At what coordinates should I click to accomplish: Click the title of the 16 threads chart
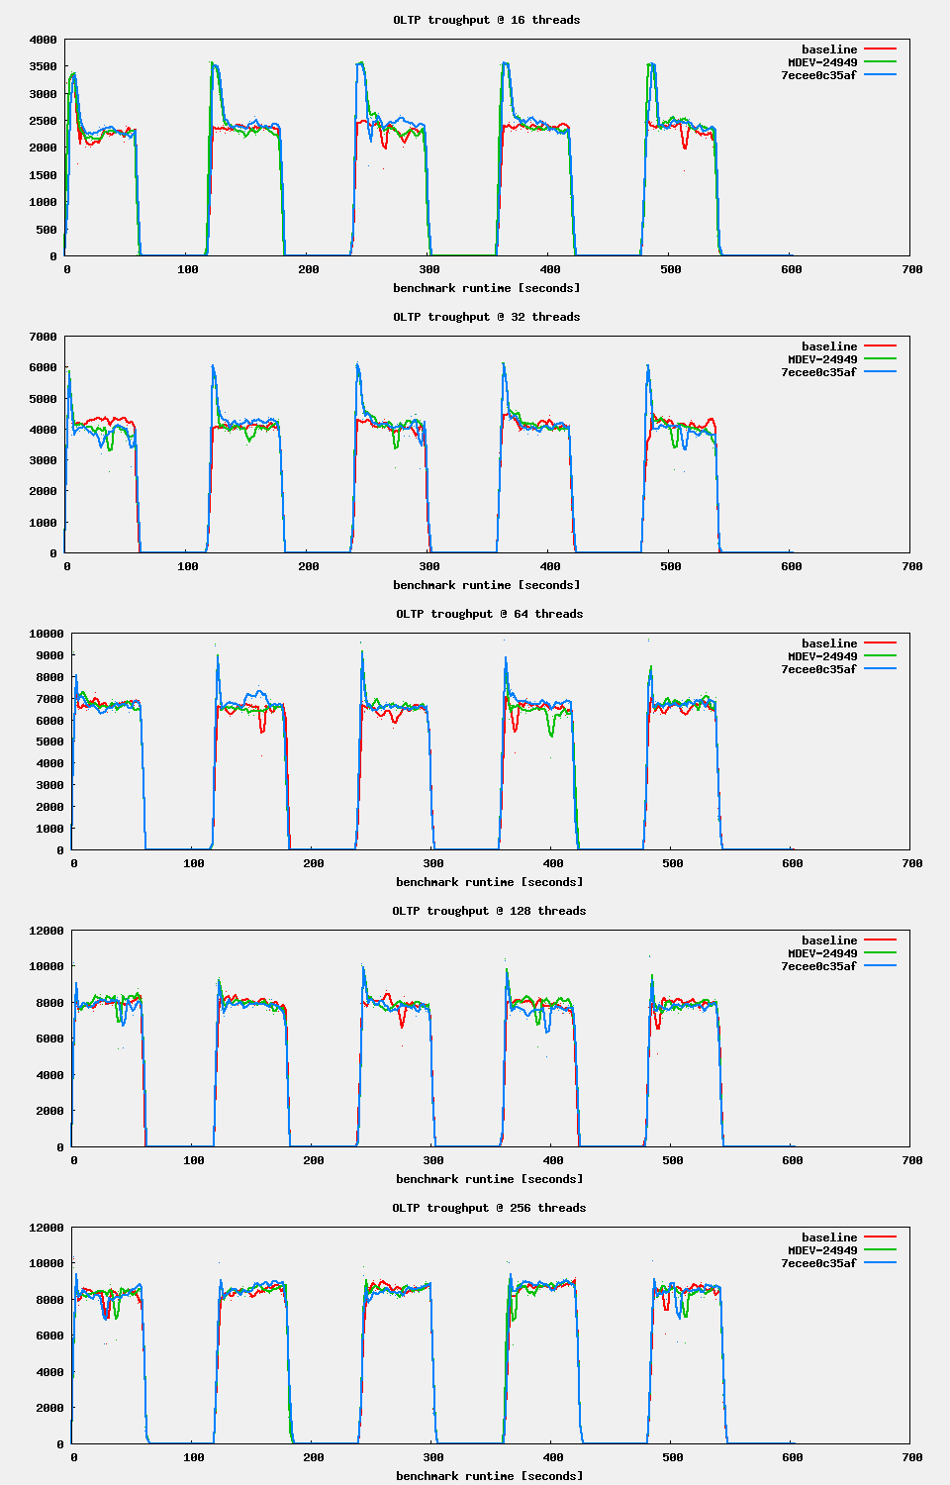point(486,20)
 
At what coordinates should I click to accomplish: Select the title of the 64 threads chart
point(489,614)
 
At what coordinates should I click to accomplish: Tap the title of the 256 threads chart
point(489,1208)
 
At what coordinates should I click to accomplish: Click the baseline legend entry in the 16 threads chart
point(829,49)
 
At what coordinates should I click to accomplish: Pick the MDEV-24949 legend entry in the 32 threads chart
point(822,359)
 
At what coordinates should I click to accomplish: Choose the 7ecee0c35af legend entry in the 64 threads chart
point(818,669)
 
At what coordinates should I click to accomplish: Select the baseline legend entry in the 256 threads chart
point(829,1237)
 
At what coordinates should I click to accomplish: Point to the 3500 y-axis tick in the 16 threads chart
point(44,66)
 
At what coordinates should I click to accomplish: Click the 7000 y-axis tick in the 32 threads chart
point(44,337)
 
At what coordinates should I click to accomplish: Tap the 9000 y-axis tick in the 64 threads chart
point(47,655)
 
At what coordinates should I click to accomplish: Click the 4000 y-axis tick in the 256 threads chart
point(47,1372)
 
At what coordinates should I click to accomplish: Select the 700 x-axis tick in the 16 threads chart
point(912,269)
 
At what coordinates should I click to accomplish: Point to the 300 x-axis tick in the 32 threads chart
point(429,566)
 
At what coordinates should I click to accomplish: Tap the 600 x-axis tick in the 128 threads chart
point(793,1160)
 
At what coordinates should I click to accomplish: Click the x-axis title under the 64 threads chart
point(489,882)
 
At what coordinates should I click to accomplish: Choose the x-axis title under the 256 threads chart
point(489,1476)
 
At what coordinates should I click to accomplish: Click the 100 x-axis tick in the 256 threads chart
point(194,1457)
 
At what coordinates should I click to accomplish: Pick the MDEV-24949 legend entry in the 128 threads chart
point(822,953)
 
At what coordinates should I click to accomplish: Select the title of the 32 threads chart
point(486,317)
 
